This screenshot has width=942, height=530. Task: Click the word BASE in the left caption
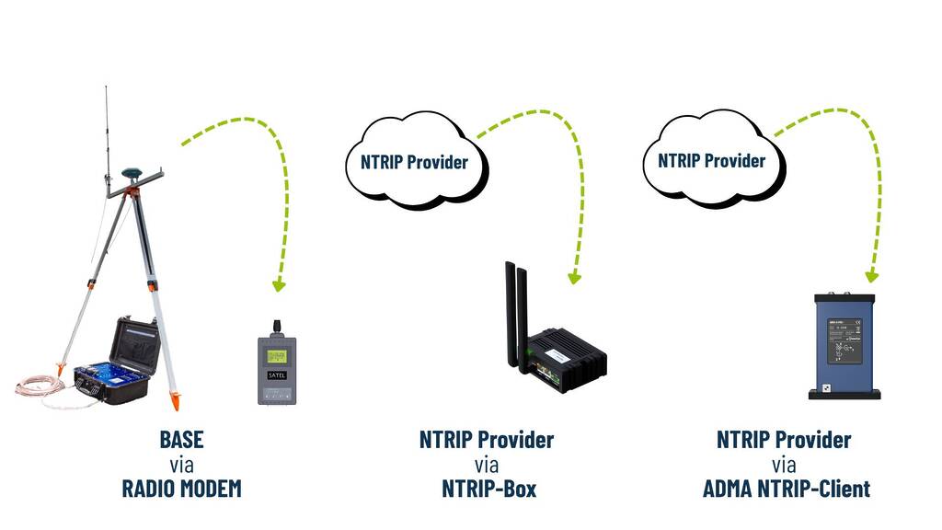click(181, 439)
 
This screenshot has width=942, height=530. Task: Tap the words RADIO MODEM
click(181, 488)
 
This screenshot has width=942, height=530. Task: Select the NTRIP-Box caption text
click(487, 488)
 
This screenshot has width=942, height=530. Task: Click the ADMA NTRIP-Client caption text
click(784, 488)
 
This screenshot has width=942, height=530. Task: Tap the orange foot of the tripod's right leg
click(174, 400)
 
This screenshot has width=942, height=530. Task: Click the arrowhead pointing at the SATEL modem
click(279, 285)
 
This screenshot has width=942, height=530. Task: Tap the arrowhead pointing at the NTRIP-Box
click(575, 277)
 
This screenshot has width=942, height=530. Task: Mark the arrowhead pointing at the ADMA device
click(871, 275)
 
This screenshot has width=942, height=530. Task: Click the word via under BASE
click(181, 464)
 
